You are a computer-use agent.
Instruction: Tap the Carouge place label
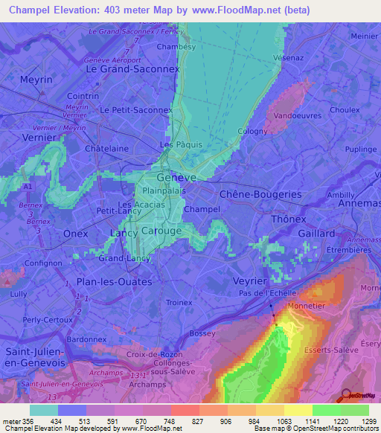pos(161,231)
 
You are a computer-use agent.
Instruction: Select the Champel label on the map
pos(201,210)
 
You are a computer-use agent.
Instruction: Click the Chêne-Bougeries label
pos(260,193)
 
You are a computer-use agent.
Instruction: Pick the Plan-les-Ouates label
pos(115,283)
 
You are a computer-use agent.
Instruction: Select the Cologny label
pos(252,132)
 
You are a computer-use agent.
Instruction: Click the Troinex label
pos(179,303)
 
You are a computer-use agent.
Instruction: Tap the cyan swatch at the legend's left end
pos(44,410)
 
